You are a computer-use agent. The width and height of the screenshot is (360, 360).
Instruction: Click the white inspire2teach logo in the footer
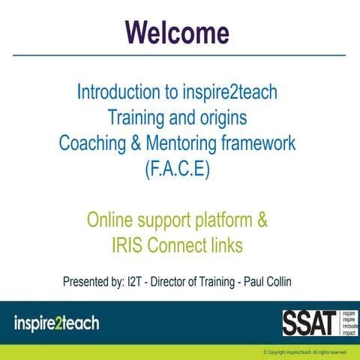tap(56, 324)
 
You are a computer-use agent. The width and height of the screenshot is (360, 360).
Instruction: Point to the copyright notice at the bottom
tap(304, 351)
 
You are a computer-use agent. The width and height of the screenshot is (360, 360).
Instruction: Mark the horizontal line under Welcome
tap(180, 55)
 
